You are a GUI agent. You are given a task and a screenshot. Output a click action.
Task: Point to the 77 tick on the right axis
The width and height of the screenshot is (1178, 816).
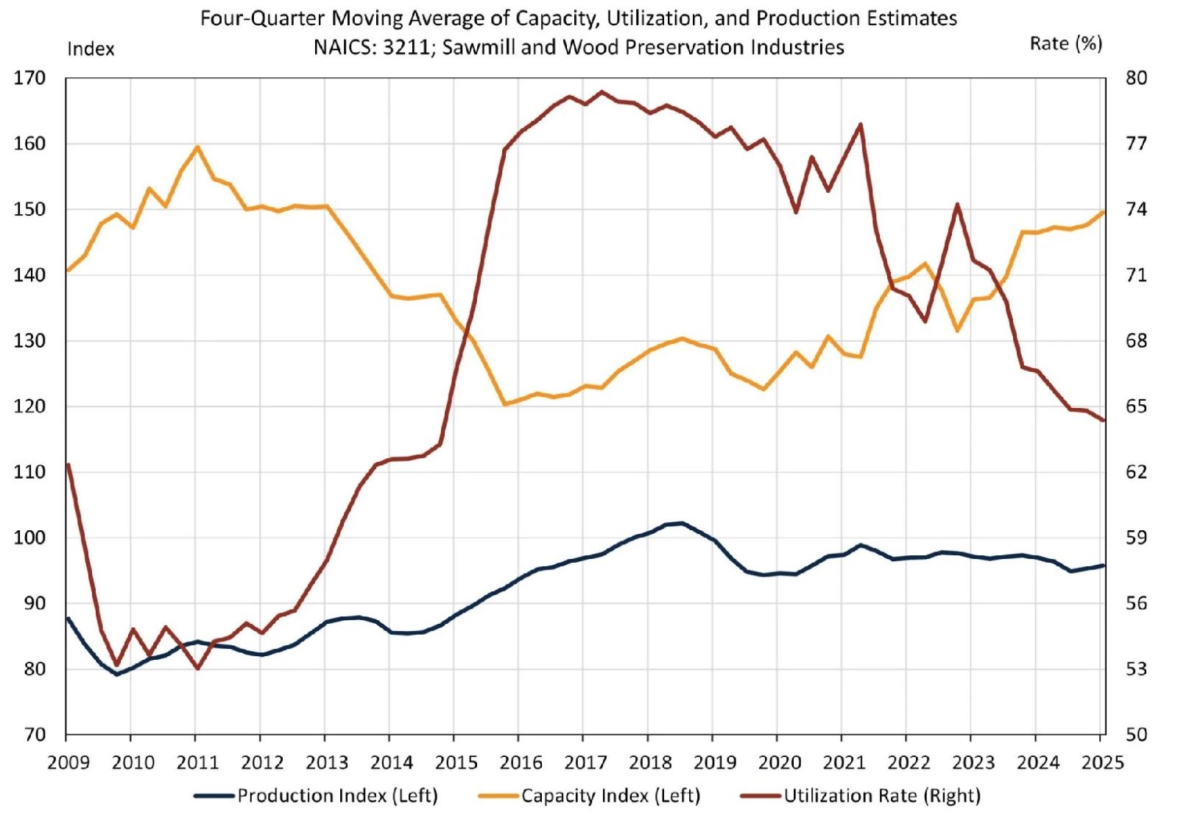click(1136, 144)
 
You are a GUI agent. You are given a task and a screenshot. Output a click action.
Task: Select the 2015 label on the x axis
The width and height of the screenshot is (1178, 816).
click(456, 762)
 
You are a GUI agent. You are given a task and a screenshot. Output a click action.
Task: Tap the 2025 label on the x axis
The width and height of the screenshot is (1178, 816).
click(1103, 762)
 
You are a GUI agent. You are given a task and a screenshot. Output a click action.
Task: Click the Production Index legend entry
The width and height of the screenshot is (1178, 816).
click(336, 796)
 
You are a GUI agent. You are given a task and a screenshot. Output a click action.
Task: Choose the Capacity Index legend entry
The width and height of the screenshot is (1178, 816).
click(610, 796)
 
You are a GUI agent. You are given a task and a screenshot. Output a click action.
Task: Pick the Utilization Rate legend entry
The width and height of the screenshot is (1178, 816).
click(881, 796)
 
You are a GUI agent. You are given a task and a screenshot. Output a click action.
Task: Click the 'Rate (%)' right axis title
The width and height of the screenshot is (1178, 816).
click(1065, 44)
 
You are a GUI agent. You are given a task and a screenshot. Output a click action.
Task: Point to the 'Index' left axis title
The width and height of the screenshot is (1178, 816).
click(91, 49)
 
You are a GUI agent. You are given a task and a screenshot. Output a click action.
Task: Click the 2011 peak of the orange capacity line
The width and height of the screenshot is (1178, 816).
click(197, 147)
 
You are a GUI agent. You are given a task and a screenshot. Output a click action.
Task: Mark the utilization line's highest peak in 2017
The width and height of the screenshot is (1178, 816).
click(602, 92)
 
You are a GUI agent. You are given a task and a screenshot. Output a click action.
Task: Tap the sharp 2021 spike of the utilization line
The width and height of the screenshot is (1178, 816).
click(860, 124)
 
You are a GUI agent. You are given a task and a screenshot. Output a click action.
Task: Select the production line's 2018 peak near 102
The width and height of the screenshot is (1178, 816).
click(682, 523)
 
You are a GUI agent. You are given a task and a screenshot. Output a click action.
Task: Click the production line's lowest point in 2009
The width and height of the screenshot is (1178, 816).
click(116, 674)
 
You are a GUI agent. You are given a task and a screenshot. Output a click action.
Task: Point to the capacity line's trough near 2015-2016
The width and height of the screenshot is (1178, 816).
click(504, 404)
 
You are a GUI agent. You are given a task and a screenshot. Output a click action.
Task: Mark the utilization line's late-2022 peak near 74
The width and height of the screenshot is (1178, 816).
click(956, 204)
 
